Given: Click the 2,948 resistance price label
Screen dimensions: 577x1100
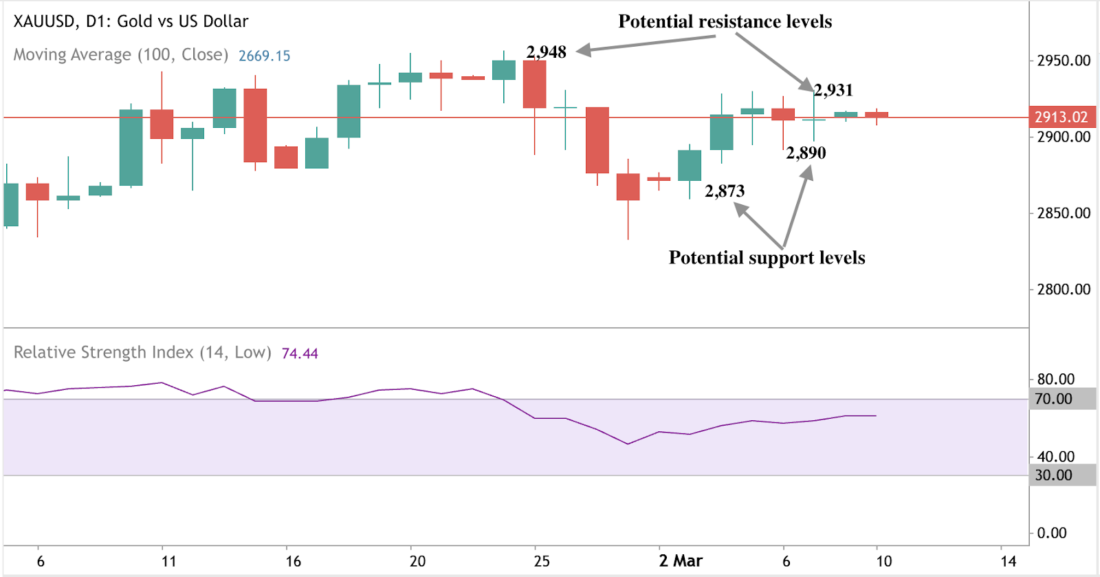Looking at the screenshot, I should (546, 52).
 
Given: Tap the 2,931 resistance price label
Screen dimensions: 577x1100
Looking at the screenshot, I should (833, 90).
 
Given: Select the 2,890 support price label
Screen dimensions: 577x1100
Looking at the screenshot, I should (806, 153).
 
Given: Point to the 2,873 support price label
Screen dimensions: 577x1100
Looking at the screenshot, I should (725, 191).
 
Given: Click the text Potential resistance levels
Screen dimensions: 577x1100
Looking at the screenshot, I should (725, 22).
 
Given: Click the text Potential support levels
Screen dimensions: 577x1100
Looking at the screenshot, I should (767, 258).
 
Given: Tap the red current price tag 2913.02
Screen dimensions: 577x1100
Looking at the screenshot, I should (1061, 117).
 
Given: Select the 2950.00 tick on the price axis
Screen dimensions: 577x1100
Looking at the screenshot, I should (1064, 61).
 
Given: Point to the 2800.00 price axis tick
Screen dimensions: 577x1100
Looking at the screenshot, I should (1064, 290).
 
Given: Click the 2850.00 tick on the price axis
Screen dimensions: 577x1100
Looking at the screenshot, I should (1064, 213).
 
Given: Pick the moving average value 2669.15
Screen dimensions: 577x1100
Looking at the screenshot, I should (265, 56).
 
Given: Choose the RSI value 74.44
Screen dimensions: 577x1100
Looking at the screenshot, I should (300, 353).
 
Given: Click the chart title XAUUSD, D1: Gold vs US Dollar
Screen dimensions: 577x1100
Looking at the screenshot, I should (131, 21).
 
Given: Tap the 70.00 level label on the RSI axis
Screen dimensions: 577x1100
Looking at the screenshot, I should (1053, 399).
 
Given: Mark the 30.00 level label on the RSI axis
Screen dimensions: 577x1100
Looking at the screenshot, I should (1053, 475).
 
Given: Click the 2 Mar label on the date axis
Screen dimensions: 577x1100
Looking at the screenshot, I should (681, 561).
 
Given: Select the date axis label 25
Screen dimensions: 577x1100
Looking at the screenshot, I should (542, 561).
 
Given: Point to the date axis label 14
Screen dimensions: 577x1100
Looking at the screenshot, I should (1008, 561).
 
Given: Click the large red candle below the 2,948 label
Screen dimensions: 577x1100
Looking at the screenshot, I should (534, 84).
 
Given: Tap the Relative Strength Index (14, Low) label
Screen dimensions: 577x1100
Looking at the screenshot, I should (142, 353).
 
